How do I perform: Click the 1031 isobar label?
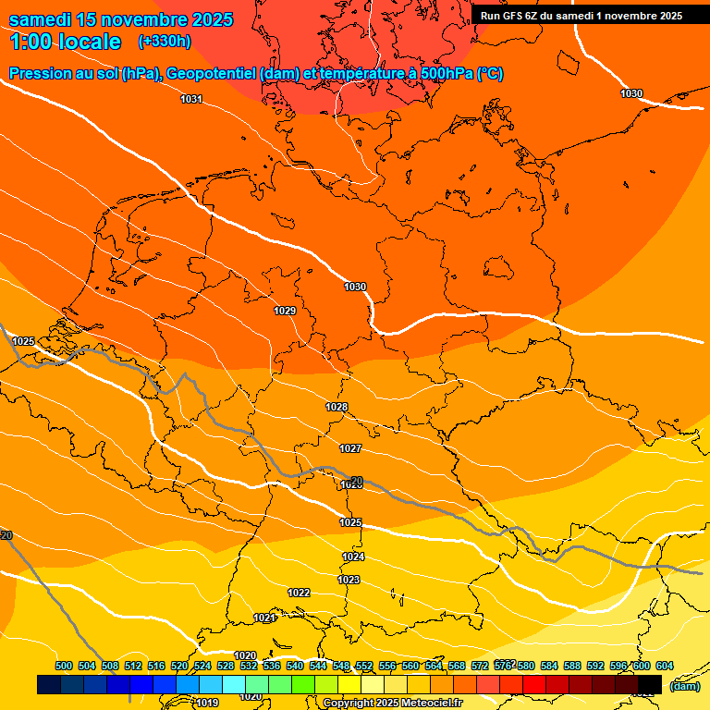coord(191,99)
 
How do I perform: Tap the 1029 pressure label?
coord(285,311)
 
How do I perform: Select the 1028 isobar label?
coord(337,408)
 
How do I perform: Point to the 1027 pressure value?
coord(350,448)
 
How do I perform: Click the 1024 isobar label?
coord(353,557)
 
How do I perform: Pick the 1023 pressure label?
coord(349,580)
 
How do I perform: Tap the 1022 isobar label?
coord(299,593)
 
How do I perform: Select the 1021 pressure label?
coord(264,618)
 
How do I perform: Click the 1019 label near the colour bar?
coord(208,703)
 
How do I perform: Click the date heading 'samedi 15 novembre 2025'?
coord(121,19)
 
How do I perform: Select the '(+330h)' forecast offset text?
coord(165,42)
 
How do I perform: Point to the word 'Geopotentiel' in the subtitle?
coord(211,74)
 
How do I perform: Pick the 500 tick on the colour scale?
coord(64,666)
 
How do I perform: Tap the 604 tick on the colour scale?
coord(664,666)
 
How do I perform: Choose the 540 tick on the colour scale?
coord(295,666)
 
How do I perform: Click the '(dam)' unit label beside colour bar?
coord(685,685)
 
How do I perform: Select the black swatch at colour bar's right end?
coord(650,684)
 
